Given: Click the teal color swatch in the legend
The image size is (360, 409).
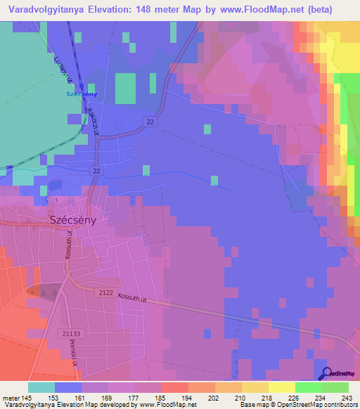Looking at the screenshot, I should click(41, 387).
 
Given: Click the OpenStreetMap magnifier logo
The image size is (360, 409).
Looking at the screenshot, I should click(326, 374).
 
